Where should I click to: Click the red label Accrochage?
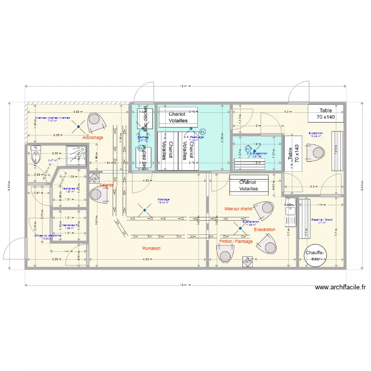pos(93,138)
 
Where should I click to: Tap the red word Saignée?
pos(106,185)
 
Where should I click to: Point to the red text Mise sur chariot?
pos(238,209)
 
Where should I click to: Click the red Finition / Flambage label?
pos(235,241)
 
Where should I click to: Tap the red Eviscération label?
pos(265,230)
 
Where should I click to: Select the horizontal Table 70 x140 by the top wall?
pos(325,114)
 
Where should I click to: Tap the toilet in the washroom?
pos(35,157)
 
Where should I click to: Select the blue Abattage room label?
pos(164,200)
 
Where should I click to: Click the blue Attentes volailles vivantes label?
pos(52,118)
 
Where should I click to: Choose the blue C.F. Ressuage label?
pos(190,137)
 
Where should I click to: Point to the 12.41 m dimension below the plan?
pos(185,285)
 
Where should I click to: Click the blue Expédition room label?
pos(316,134)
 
